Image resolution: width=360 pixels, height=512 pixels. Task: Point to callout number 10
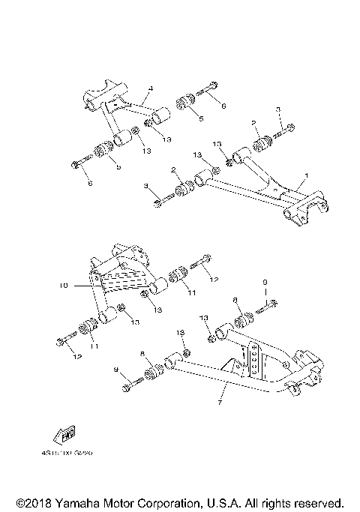pyautogui.click(x=64, y=286)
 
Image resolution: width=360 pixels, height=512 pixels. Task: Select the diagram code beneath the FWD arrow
pyautogui.click(x=73, y=452)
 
